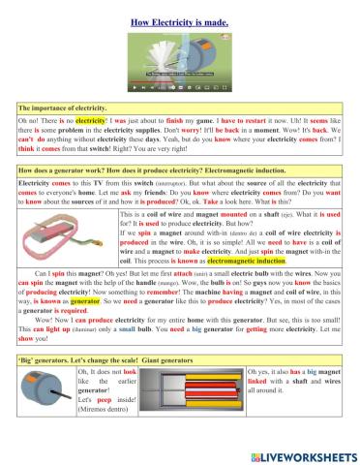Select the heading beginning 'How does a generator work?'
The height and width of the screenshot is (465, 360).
(x=154, y=170)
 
